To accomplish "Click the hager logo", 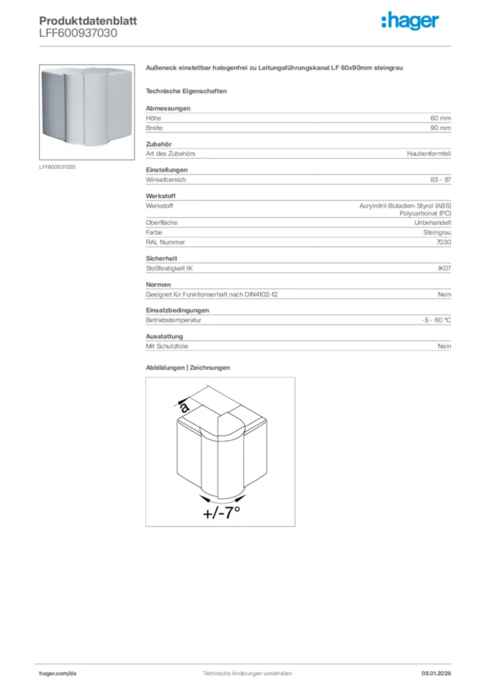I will [410, 21].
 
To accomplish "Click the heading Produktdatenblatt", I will [88, 21].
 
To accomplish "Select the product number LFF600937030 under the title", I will [79, 32].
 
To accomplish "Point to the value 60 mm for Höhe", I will [440, 118].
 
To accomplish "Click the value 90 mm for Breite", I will [440, 127].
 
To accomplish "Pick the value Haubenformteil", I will [429, 154].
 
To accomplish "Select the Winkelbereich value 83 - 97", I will [440, 180].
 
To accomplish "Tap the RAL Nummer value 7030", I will [443, 242].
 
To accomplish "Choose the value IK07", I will [444, 268].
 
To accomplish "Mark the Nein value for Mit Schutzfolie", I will [444, 346].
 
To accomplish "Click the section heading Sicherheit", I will [161, 258].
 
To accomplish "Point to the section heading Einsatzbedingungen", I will [177, 310].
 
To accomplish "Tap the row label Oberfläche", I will [162, 223].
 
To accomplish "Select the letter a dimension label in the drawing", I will [185, 407].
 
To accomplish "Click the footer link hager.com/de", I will [58, 673].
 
